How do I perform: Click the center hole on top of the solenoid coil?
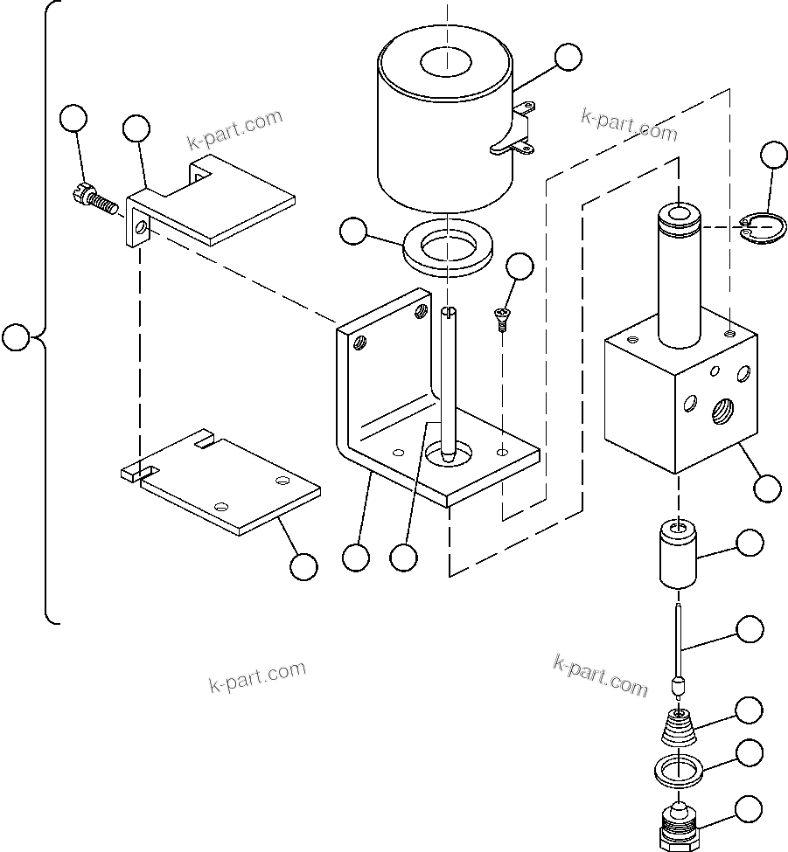point(446,63)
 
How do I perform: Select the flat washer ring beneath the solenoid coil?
point(446,252)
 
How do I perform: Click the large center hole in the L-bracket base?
point(449,453)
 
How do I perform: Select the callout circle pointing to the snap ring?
point(773,155)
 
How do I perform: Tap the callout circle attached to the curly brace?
point(16,337)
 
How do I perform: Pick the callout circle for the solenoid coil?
point(568,57)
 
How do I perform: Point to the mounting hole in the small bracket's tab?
point(141,231)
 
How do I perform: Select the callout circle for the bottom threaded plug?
point(749,809)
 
